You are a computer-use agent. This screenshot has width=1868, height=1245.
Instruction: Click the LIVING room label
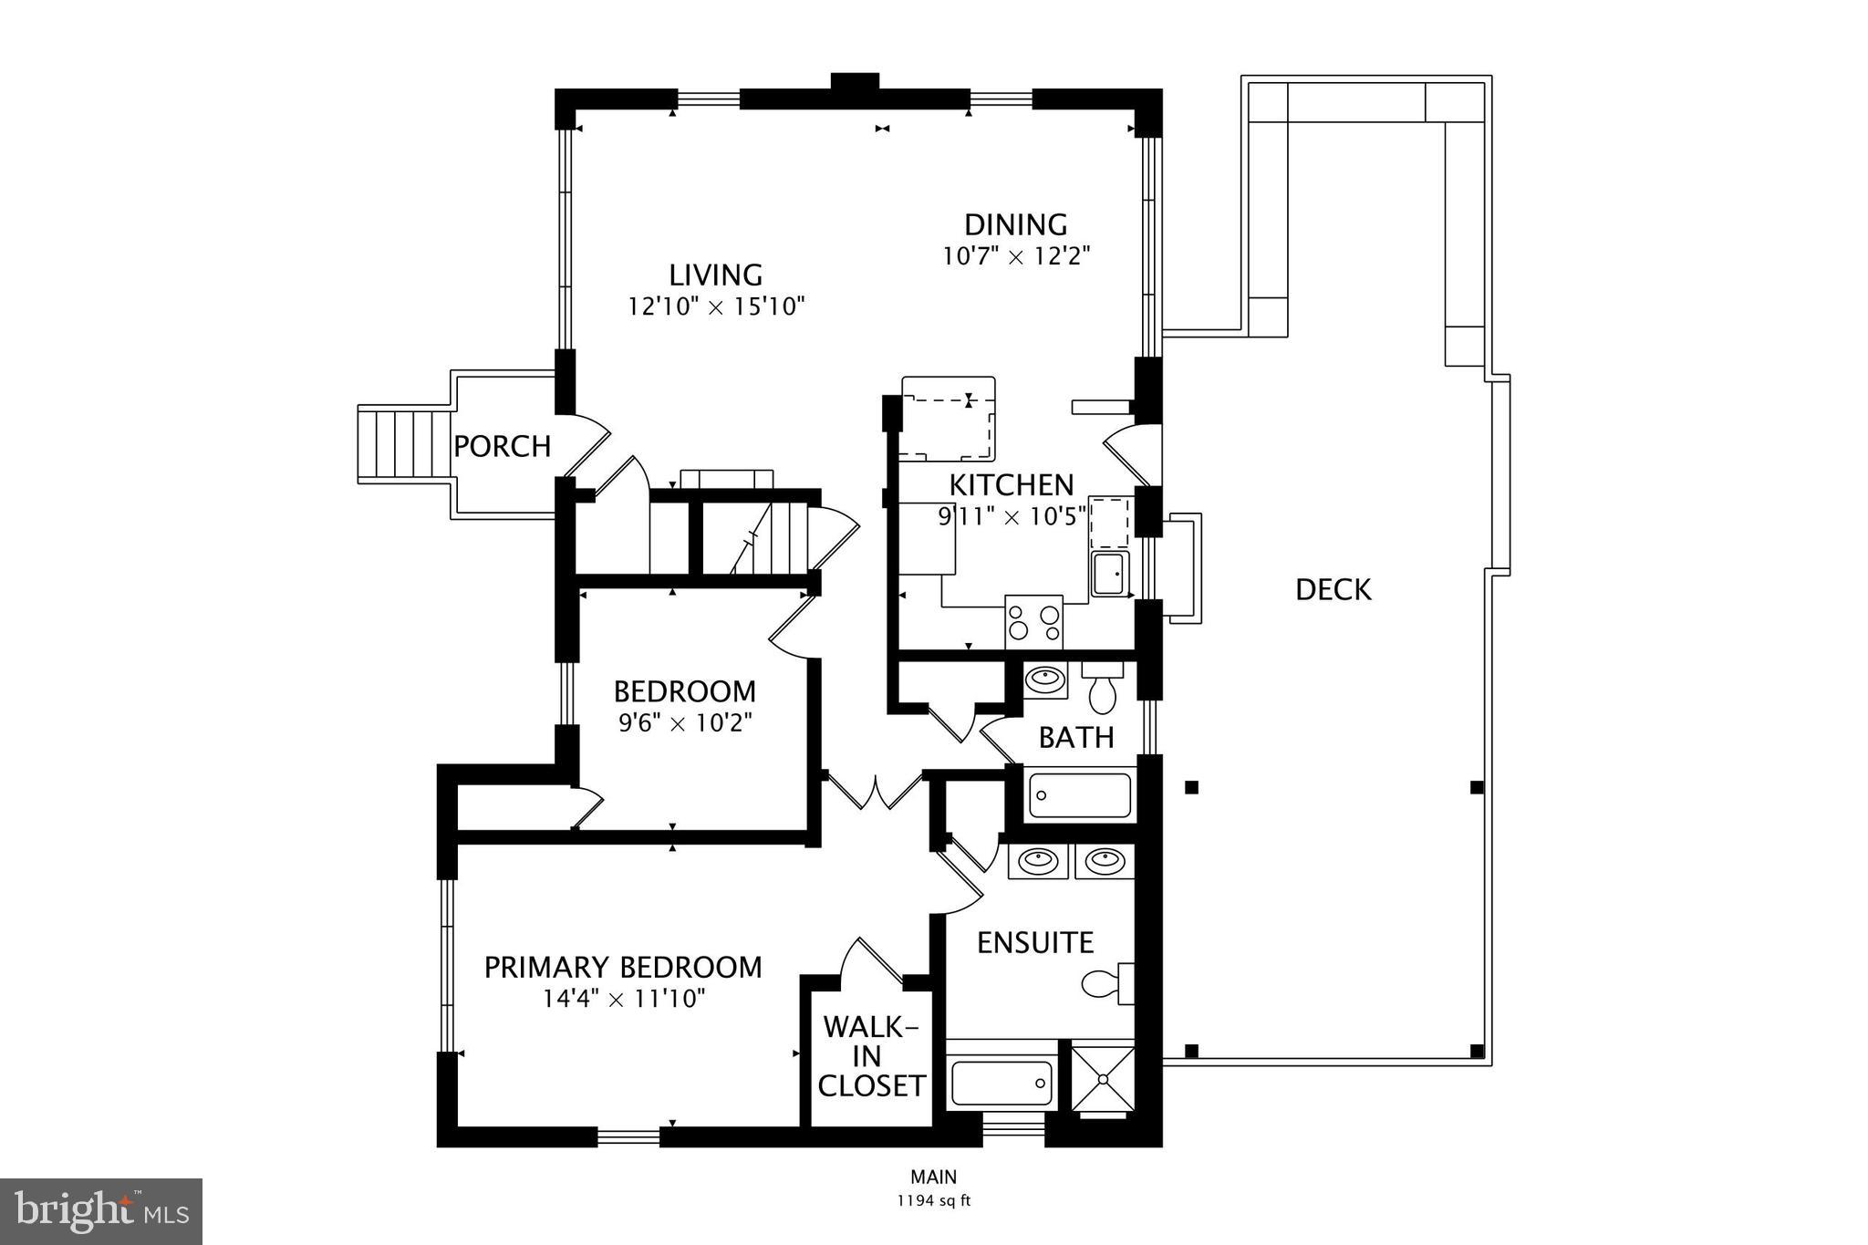point(715,275)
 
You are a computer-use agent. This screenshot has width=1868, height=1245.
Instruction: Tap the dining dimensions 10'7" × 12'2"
point(1016,255)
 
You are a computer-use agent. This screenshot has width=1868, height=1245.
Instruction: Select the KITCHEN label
point(1011,484)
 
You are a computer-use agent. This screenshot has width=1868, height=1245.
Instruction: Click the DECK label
point(1333,590)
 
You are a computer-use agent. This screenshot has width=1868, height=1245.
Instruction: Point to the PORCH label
point(502,447)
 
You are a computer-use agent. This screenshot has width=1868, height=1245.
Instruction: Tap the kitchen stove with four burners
point(1033,622)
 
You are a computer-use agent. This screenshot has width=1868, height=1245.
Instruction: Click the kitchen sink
point(1110,574)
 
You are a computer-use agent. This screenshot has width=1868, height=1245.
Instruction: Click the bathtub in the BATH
point(1080,796)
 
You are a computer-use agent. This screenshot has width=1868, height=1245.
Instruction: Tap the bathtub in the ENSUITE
point(1001,1083)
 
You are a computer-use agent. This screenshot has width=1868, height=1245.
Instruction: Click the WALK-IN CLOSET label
point(871,1056)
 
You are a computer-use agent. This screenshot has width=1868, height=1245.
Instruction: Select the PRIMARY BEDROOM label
point(623,967)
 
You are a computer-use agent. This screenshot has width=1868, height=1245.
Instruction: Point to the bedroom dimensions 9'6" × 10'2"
point(685,723)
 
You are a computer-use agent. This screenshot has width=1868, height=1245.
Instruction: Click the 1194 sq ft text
point(933,1200)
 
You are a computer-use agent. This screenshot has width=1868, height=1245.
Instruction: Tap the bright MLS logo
point(100,1211)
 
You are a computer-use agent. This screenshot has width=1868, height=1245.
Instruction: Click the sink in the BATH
point(1044,680)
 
